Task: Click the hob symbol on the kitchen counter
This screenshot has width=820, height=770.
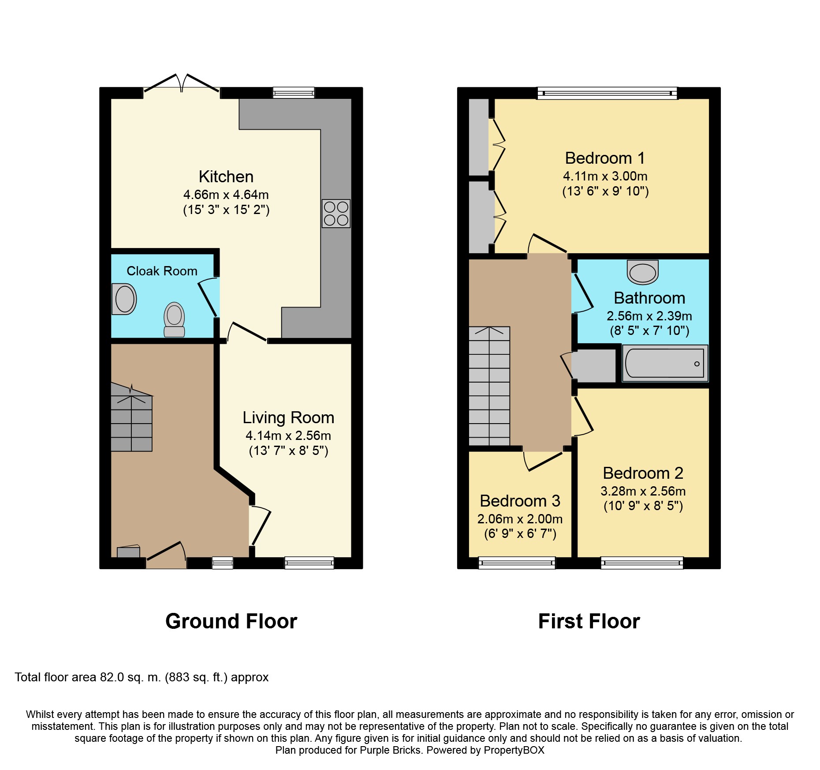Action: (x=336, y=214)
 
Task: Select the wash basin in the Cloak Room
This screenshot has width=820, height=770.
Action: (x=124, y=299)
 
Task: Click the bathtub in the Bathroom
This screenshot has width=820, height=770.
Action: (x=665, y=363)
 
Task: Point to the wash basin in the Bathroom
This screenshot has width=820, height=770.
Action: (x=643, y=272)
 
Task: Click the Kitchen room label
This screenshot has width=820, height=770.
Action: (x=226, y=177)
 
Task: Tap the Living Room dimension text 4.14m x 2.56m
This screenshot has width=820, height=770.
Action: (x=288, y=436)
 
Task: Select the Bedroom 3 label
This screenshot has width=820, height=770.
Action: (x=520, y=501)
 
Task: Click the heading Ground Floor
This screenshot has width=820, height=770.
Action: (x=231, y=621)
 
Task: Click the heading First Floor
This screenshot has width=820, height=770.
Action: (x=589, y=621)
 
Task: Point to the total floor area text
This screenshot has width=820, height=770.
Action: (x=142, y=677)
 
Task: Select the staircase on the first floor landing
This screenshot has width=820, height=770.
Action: (x=489, y=386)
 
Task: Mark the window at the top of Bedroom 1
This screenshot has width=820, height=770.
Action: (x=607, y=93)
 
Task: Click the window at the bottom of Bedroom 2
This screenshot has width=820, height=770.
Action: (x=641, y=563)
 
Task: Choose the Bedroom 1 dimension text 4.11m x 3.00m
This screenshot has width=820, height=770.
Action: (x=605, y=176)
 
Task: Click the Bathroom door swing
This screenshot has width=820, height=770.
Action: (x=583, y=293)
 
